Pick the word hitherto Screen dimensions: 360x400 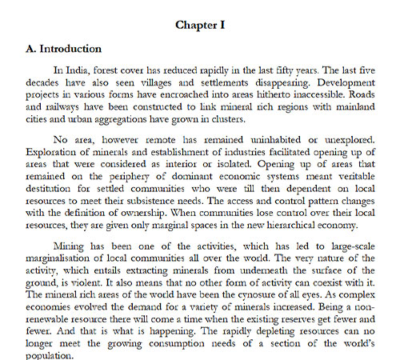(293, 95)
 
